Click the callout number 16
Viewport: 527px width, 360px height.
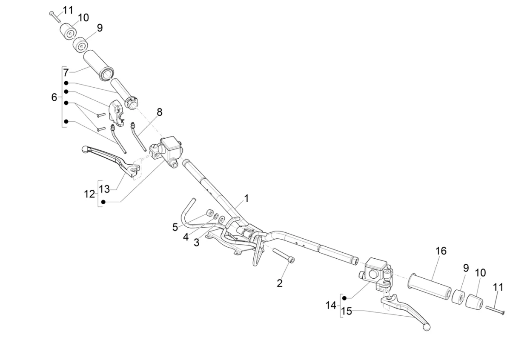[x=441, y=251]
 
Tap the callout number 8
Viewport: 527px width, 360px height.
[x=159, y=112]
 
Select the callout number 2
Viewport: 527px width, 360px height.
[x=280, y=283]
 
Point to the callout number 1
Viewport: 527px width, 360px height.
[x=246, y=198]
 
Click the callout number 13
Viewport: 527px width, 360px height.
[x=104, y=189]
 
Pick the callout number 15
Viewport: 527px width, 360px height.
[x=347, y=311]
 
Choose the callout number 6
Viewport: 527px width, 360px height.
[x=54, y=97]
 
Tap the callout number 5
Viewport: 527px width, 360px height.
[x=175, y=227]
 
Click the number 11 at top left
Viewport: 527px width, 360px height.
[x=68, y=9]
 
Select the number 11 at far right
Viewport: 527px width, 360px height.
[x=498, y=287]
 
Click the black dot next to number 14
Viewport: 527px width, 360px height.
[x=345, y=297]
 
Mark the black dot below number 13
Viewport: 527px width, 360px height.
[x=103, y=202]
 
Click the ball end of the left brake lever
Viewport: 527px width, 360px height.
[x=85, y=149]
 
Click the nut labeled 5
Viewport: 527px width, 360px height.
[x=209, y=213]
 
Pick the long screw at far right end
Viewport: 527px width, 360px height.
[x=494, y=311]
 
